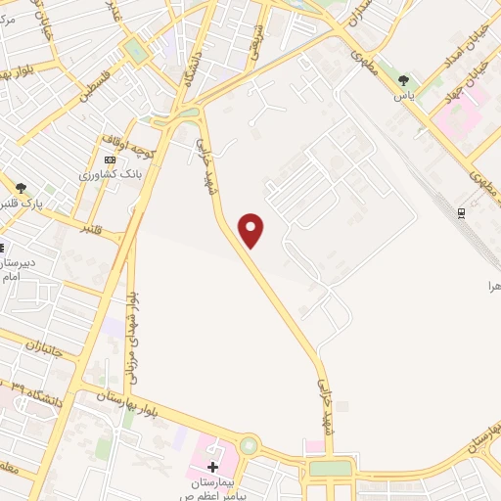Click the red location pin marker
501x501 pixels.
[x=252, y=231]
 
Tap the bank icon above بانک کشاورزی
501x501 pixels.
[x=110, y=159]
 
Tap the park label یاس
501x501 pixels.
[x=402, y=96]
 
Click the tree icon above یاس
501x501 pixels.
[x=402, y=80]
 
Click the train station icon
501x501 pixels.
[x=463, y=211]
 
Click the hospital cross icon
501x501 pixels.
[x=212, y=467]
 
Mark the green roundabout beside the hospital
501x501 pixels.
[x=249, y=447]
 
